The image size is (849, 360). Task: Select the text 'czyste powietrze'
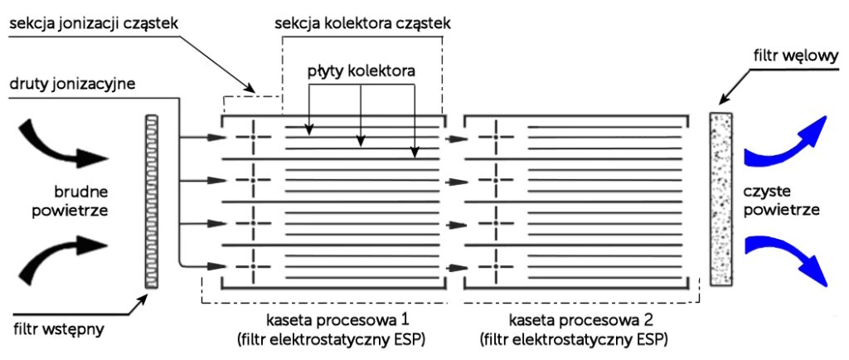(x=783, y=200)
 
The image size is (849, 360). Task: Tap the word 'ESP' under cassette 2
(x=653, y=339)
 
